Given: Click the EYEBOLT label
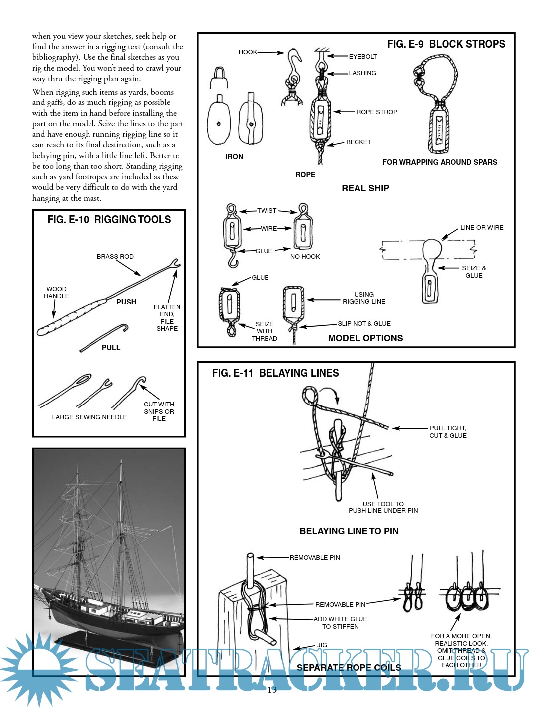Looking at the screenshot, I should click(362, 56).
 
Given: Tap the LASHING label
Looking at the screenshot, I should click(362, 73).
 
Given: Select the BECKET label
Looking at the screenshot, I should click(358, 142).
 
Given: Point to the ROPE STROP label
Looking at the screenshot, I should click(376, 112).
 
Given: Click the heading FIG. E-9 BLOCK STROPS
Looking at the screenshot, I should click(446, 44).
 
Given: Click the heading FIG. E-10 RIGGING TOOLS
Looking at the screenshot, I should click(109, 219).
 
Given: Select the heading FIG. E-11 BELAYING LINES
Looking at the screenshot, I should click(275, 373).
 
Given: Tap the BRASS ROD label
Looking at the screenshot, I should click(115, 256).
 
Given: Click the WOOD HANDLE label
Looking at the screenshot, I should click(56, 292).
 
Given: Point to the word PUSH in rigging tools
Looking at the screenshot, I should click(126, 302).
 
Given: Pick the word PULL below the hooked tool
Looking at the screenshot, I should click(111, 347).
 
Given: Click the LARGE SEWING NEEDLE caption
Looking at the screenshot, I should click(89, 417).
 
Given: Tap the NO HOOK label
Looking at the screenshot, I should click(305, 256).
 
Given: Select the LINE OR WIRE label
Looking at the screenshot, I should click(481, 227).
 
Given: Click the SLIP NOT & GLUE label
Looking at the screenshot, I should click(364, 323).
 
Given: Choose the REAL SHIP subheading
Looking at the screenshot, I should click(365, 188).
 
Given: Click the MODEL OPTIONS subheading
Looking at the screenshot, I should click(365, 338).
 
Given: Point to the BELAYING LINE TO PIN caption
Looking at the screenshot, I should click(349, 531).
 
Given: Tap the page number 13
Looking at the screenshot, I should click(272, 690).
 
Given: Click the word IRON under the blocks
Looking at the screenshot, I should click(234, 156).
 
